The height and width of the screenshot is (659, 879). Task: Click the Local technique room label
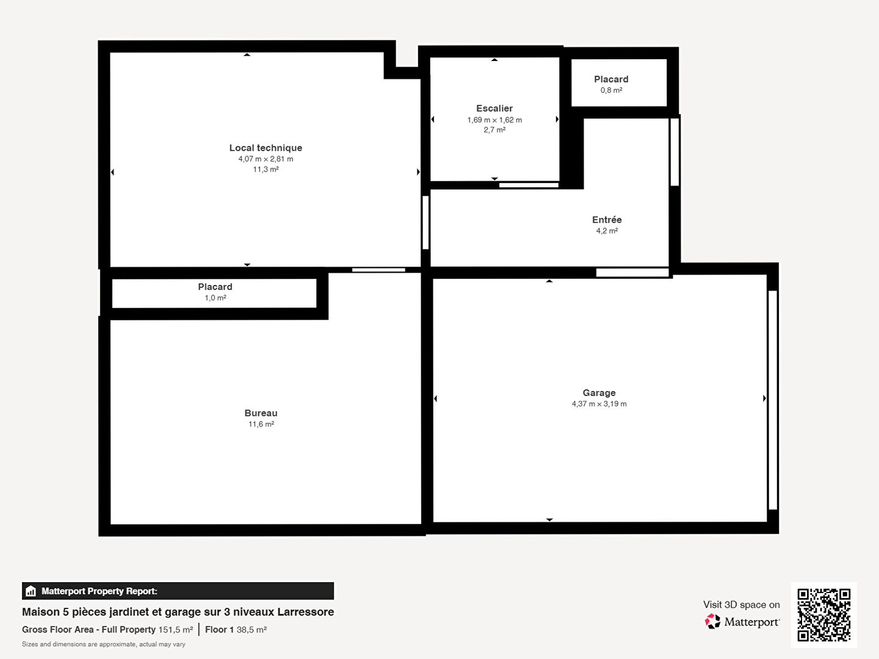pyautogui.click(x=266, y=148)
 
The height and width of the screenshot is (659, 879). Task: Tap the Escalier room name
pyautogui.click(x=494, y=108)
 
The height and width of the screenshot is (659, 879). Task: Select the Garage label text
pyautogui.click(x=599, y=392)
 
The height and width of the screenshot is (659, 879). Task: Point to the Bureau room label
pyautogui.click(x=261, y=413)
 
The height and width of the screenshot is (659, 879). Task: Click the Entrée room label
pyautogui.click(x=607, y=220)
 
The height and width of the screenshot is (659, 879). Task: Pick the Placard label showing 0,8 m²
pyautogui.click(x=611, y=79)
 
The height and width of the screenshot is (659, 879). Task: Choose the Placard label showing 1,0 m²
pyautogui.click(x=215, y=287)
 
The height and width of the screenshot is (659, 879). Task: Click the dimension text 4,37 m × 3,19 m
pyautogui.click(x=599, y=404)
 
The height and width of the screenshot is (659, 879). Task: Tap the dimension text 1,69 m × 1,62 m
pyautogui.click(x=494, y=120)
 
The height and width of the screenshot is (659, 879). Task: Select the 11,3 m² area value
pyautogui.click(x=266, y=169)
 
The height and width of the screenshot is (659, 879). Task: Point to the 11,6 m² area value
pyautogui.click(x=261, y=424)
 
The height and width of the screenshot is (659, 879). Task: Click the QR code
pyautogui.click(x=823, y=615)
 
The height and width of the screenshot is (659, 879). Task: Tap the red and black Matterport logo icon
pyautogui.click(x=712, y=621)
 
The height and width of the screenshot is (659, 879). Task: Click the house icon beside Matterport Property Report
pyautogui.click(x=31, y=591)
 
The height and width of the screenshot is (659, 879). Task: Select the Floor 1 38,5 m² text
pyautogui.click(x=236, y=629)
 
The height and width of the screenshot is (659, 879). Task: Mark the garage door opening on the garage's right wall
pyautogui.click(x=773, y=400)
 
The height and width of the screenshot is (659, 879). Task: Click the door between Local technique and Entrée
pyautogui.click(x=425, y=223)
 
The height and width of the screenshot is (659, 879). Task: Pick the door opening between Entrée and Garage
pyautogui.click(x=632, y=273)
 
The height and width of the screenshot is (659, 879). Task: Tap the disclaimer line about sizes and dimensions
pyautogui.click(x=103, y=644)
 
